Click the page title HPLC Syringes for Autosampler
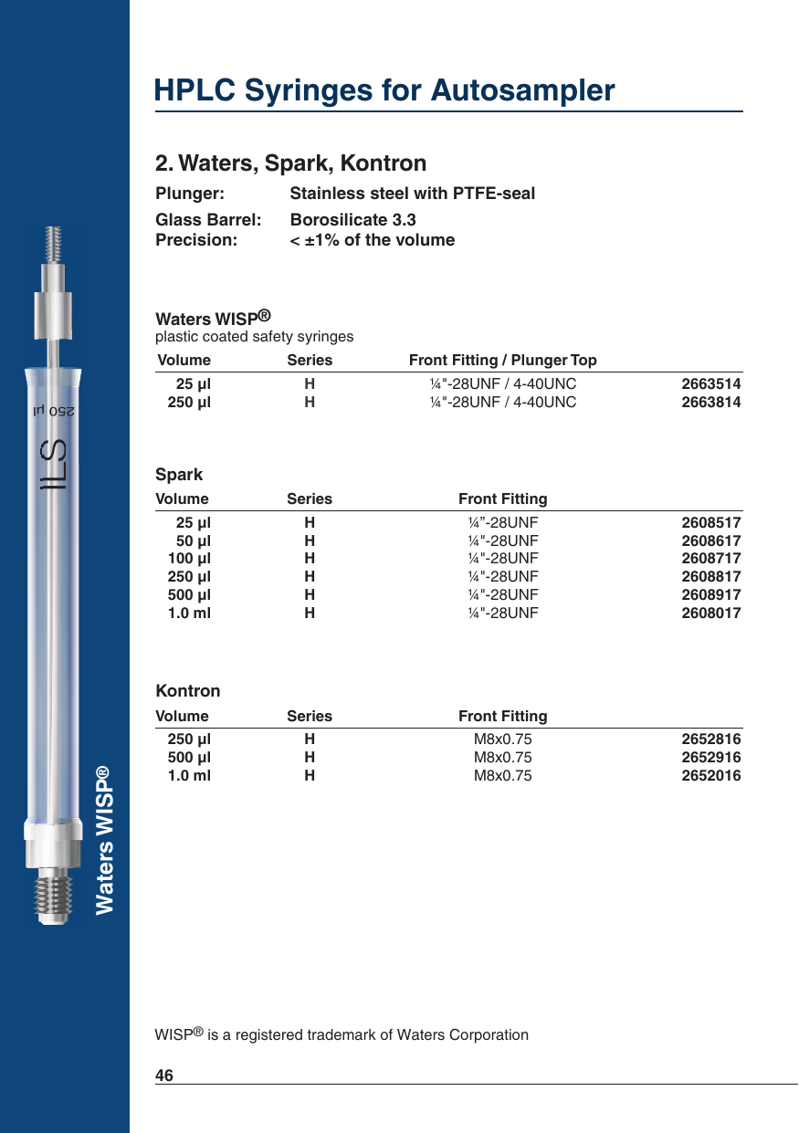tap(384, 90)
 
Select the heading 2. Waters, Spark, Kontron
tap(290, 163)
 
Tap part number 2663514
tap(711, 384)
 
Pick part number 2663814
tap(711, 403)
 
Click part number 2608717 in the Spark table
tap(711, 559)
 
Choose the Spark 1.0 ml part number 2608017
tap(711, 614)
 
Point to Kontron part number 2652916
tap(711, 758)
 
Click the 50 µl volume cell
tap(193, 540)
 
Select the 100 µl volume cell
tap(189, 559)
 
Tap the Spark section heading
tap(179, 475)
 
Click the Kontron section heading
tap(187, 691)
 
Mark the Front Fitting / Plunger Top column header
tap(502, 361)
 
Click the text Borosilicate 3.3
tap(352, 220)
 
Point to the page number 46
tap(164, 1075)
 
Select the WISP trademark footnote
tap(342, 1034)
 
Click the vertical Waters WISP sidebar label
tap(105, 839)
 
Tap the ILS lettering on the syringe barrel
tap(57, 465)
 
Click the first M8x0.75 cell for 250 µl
tap(502, 740)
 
